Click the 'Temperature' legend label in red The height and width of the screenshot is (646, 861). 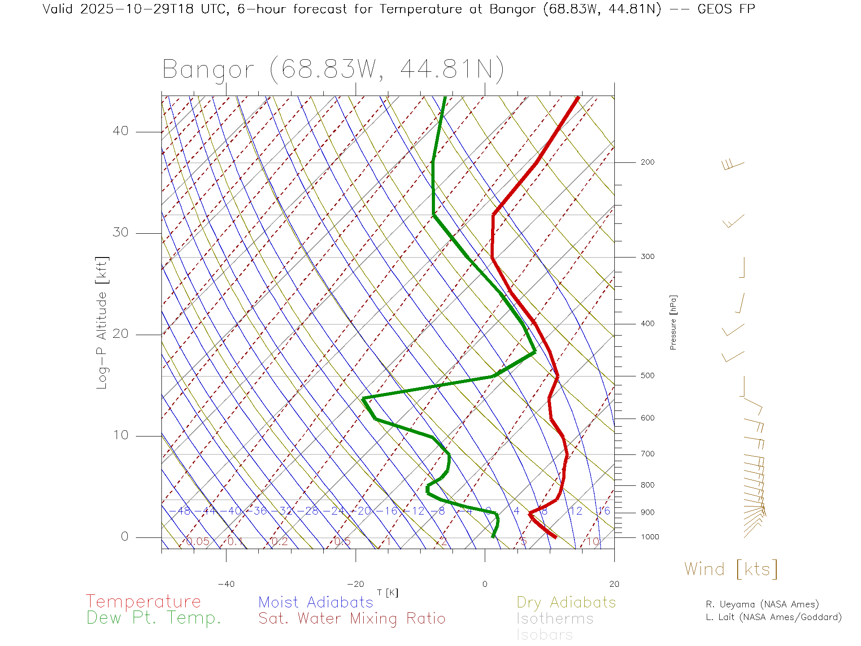[x=143, y=601]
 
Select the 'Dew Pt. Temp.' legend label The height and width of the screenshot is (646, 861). [x=153, y=618]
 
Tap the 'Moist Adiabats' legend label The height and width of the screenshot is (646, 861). [x=316, y=602]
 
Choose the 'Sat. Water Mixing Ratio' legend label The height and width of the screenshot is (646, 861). [x=352, y=618]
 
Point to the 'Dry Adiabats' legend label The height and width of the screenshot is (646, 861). [x=566, y=602]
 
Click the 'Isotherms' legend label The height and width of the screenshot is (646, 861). [x=555, y=619]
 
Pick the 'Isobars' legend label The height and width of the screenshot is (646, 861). [x=544, y=635]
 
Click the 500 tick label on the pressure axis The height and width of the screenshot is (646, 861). [x=647, y=375]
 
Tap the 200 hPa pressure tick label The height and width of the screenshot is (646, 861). [x=647, y=162]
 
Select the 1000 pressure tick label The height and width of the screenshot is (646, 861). [x=649, y=537]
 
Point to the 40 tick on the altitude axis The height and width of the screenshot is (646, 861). [x=120, y=131]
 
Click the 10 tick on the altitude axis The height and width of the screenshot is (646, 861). [x=120, y=435]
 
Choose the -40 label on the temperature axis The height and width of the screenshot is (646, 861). [x=226, y=584]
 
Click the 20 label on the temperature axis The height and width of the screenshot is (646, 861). [x=614, y=584]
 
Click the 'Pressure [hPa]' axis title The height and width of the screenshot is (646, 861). [x=673, y=322]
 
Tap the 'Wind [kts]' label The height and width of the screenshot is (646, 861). [x=731, y=569]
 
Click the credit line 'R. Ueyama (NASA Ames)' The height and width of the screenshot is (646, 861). [x=762, y=604]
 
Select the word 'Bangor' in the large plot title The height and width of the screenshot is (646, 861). [x=209, y=70]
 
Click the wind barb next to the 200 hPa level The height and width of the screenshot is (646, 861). [x=733, y=165]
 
